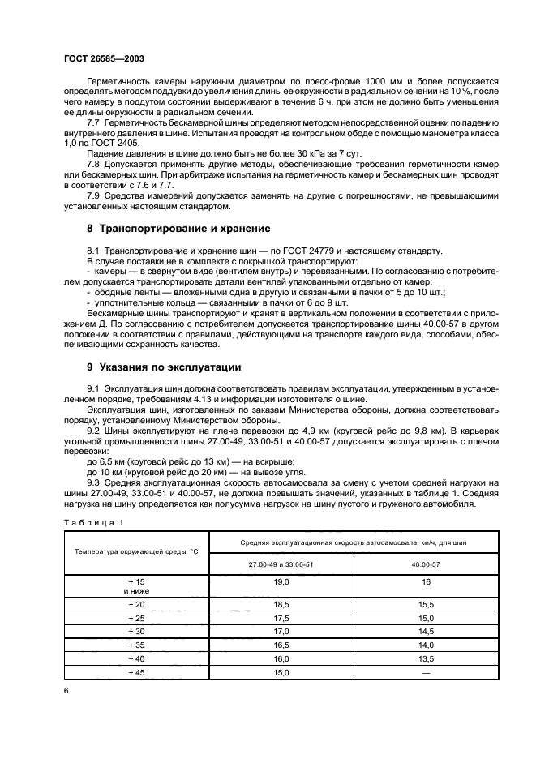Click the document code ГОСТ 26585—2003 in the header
(104, 58)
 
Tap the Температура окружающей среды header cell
(136, 551)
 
